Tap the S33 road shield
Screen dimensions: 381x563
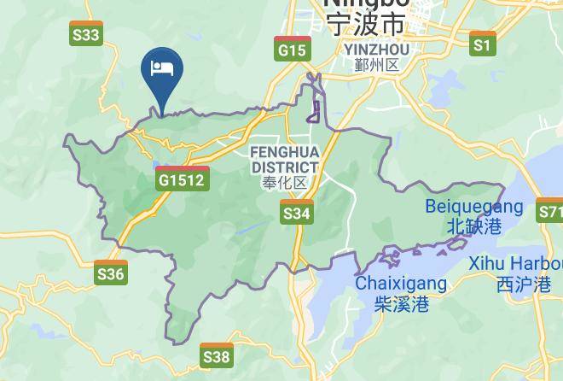85,34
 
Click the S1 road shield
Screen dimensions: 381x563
483,44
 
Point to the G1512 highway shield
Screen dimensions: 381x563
182,179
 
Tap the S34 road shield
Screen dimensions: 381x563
296,212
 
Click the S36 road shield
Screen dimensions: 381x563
111,273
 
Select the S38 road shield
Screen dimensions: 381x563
217,355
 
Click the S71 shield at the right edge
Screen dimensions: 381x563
550,211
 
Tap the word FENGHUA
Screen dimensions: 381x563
284,151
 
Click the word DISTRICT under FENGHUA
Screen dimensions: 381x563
285,167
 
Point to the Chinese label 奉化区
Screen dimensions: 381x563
285,183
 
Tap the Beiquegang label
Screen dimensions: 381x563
473,207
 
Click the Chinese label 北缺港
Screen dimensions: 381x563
473,226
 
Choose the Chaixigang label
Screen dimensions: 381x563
401,283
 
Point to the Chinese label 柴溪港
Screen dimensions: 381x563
401,303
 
